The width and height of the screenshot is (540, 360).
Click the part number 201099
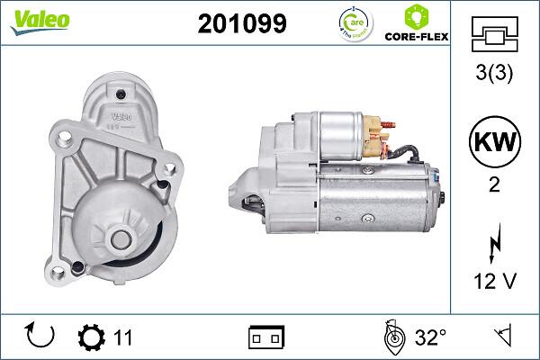click(241, 24)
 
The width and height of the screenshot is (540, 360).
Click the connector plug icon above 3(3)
click(493, 34)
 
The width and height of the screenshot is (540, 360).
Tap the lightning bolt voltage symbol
click(493, 240)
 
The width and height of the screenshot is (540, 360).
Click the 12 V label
click(493, 281)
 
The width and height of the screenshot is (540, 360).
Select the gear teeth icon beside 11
click(91, 337)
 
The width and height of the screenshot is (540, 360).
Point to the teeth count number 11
click(122, 337)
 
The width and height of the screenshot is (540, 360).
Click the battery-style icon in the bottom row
click(266, 337)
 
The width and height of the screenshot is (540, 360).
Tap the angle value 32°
click(430, 337)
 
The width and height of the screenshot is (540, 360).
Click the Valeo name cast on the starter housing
click(121, 115)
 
